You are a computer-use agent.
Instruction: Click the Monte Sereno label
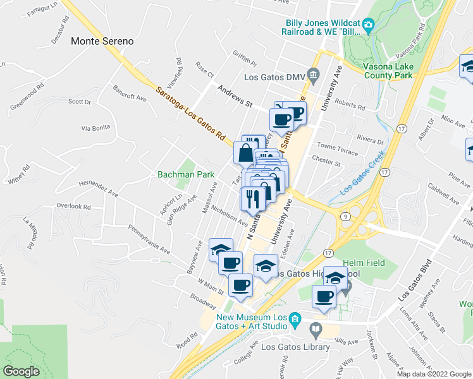tap(102, 41)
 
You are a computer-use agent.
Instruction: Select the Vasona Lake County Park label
tap(388, 69)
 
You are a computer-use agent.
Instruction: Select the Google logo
tap(21, 371)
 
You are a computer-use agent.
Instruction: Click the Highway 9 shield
tap(345, 216)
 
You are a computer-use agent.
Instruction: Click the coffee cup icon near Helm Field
tap(324, 296)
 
